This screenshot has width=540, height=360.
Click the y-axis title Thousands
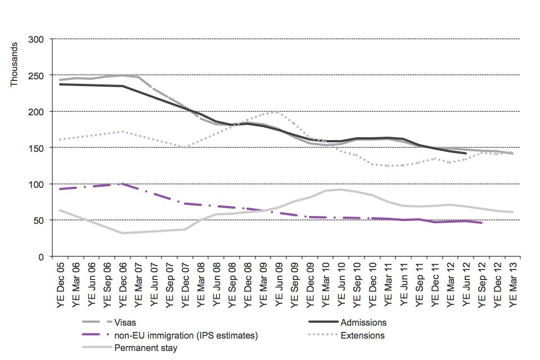tap(15, 65)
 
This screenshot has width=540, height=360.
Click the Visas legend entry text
tap(125, 323)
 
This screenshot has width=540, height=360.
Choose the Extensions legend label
tap(367, 335)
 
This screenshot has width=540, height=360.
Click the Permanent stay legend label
tap(146, 348)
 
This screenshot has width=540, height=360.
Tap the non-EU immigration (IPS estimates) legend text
tap(186, 335)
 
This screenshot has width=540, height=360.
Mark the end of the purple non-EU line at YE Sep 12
tap(481, 223)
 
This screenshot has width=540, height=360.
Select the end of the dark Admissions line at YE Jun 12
tap(466, 153)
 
